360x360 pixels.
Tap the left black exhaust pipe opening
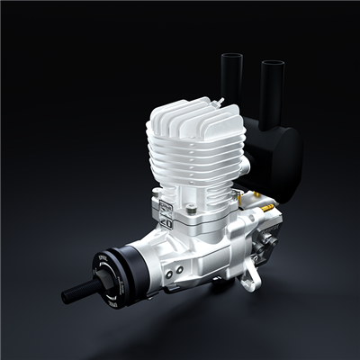coord(230,56)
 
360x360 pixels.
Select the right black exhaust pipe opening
coord(272,65)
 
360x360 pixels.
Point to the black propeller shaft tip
coord(67,296)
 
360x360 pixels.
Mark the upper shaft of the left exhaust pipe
coord(230,76)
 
